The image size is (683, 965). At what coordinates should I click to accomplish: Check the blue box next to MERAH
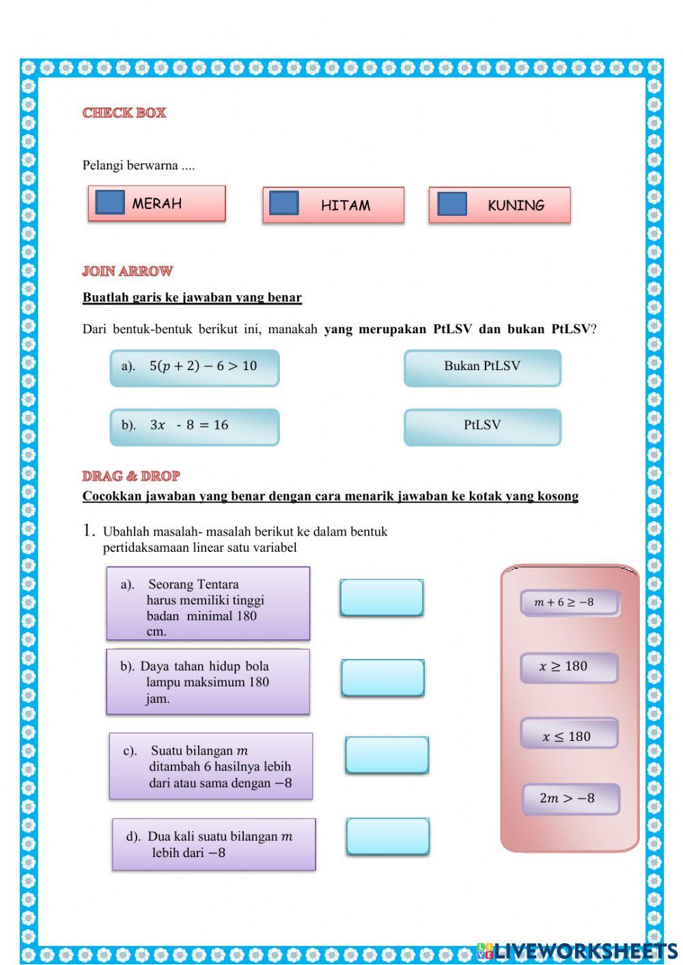pos(110,202)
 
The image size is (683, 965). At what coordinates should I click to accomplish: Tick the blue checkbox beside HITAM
pos(284,203)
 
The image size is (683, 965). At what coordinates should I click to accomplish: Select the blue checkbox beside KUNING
pos(451,204)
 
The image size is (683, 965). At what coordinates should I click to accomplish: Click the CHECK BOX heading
pos(124,113)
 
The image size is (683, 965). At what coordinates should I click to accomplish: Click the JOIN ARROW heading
pos(128,272)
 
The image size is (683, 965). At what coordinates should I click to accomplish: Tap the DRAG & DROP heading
pos(131,476)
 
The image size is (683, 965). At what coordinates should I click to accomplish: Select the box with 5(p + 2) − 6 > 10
pos(195,367)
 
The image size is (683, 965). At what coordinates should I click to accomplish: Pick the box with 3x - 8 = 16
pos(195,426)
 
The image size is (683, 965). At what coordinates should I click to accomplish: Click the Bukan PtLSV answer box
pos(482,367)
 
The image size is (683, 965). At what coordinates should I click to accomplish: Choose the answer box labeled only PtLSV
pos(482,426)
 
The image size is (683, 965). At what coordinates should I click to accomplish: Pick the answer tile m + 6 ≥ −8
pos(570,602)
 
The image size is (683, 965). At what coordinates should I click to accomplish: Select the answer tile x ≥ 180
pos(569,667)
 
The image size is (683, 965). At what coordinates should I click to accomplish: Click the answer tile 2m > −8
pos(570,798)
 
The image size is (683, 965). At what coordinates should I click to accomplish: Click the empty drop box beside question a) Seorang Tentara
pos(382,598)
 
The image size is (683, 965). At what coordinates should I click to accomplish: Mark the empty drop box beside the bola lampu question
pos(382,677)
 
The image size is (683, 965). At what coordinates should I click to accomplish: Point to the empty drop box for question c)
pos(387,755)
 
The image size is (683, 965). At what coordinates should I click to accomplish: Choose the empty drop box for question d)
pos(388,836)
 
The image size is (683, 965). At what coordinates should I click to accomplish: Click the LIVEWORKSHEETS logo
pos(577,951)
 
